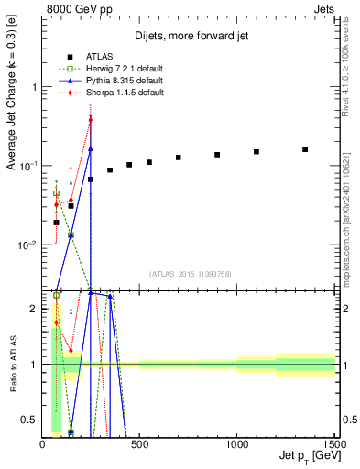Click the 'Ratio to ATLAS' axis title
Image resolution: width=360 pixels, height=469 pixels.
pos(12,365)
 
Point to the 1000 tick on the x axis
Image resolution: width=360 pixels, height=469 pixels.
pos(237,442)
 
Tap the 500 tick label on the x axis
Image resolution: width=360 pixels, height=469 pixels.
pos(139,442)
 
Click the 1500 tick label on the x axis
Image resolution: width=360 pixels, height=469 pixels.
pos(333,442)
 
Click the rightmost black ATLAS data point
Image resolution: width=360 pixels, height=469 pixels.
pos(305,149)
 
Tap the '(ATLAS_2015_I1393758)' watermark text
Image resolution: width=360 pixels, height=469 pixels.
pos(190,273)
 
